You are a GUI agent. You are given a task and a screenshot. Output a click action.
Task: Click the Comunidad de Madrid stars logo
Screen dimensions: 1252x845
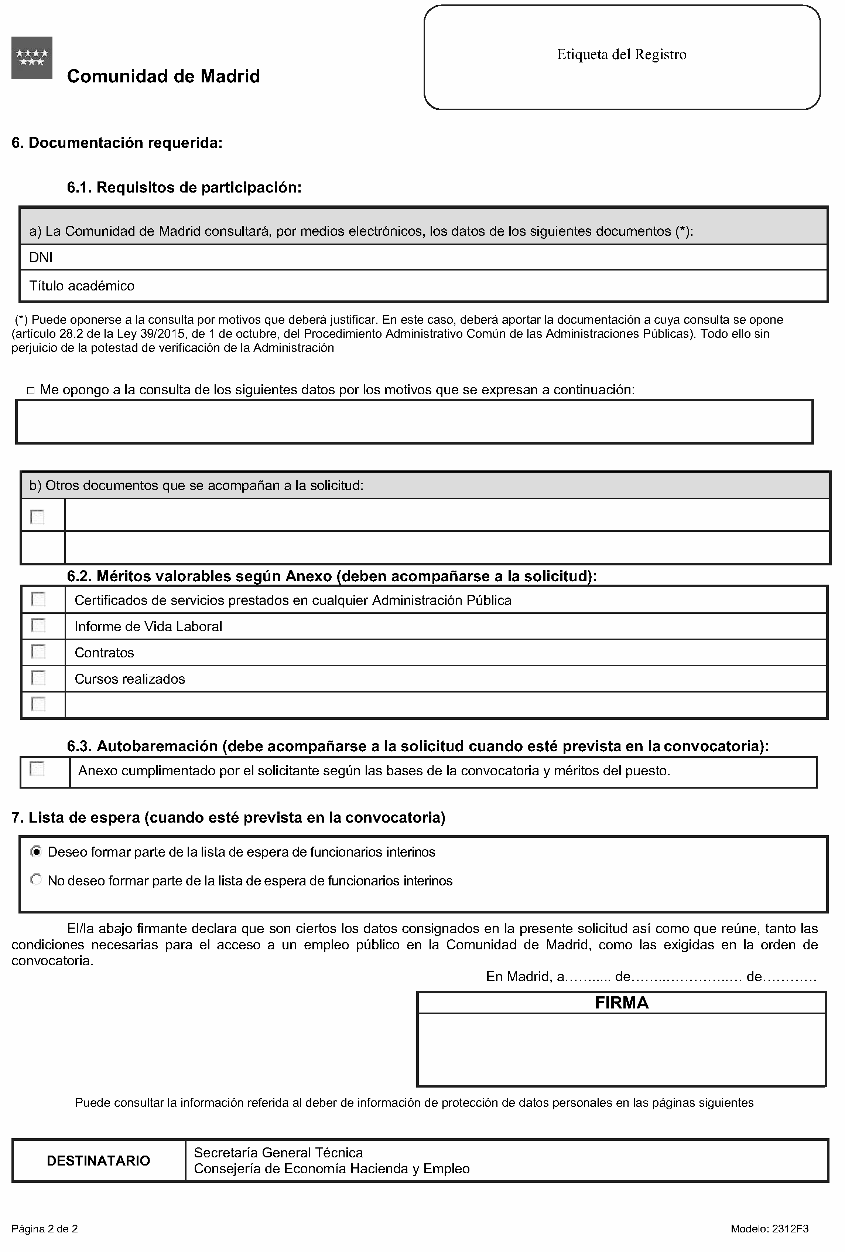coord(32,58)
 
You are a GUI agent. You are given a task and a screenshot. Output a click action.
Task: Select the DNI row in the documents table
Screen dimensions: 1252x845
coord(41,258)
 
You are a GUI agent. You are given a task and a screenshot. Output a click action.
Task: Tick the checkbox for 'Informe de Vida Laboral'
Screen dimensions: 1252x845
coord(38,626)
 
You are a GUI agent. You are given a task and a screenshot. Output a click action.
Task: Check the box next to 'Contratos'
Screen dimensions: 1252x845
coord(38,652)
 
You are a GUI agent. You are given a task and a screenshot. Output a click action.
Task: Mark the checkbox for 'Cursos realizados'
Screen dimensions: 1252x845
coord(38,678)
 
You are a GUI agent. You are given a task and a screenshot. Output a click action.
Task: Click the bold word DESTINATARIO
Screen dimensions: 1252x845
coord(99,1160)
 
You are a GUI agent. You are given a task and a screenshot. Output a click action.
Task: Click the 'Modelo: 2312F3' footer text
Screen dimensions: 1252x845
coord(769,1229)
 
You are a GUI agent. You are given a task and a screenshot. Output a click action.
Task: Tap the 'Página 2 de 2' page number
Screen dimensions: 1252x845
coord(45,1229)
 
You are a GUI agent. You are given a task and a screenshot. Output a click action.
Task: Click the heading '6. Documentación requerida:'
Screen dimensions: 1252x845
coord(117,143)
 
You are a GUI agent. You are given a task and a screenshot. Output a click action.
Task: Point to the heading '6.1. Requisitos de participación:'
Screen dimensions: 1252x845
coord(184,187)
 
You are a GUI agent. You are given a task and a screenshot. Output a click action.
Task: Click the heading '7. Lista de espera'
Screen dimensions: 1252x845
coord(228,818)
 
